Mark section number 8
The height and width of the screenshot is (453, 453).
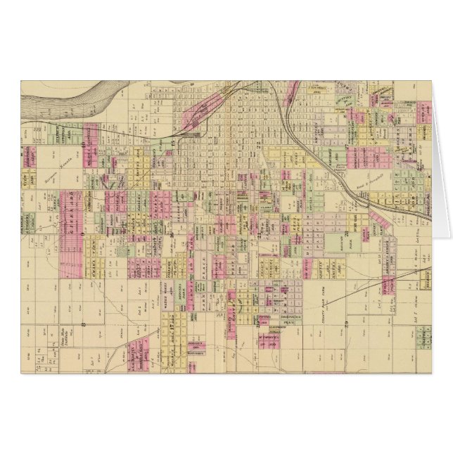tap(84, 324)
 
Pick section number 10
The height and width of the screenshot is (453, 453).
tap(83, 145)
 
